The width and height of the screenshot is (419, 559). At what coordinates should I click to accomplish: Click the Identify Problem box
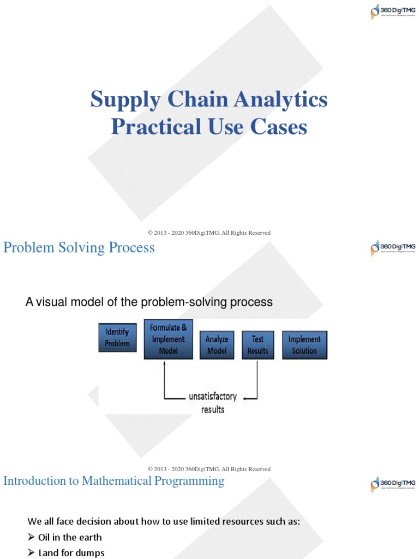tap(117, 337)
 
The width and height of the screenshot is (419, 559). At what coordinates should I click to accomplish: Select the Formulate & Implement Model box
tap(168, 339)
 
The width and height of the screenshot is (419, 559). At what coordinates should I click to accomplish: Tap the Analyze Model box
tap(217, 344)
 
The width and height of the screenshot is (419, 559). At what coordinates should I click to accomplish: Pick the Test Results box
tap(258, 344)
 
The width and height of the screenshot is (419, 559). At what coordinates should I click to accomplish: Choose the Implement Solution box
tap(304, 344)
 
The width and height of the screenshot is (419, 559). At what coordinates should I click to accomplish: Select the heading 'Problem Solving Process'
tap(79, 248)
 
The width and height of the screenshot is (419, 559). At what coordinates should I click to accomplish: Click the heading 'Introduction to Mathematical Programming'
tap(113, 481)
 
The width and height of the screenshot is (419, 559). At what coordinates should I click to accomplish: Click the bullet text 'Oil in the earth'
tap(70, 537)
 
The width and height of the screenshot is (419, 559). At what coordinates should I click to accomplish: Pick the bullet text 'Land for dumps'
tap(71, 553)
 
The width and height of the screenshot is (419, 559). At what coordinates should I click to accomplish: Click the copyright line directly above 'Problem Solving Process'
tap(209, 233)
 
